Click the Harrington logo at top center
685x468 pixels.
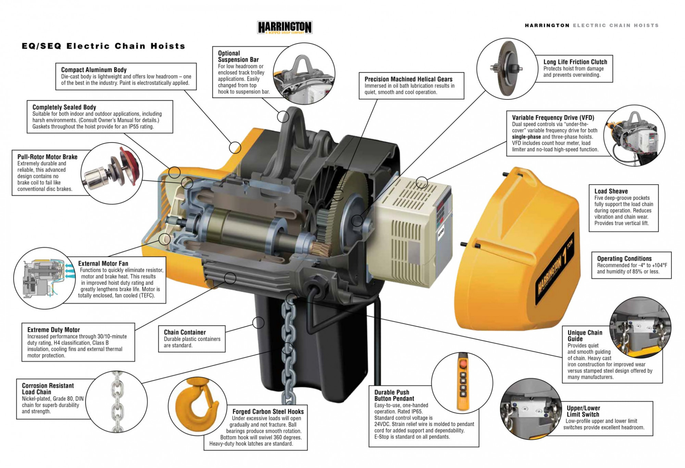285,27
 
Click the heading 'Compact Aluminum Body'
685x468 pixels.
94,70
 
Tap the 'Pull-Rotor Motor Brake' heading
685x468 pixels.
47,157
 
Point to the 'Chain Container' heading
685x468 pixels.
185,332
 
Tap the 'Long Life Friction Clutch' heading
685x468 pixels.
575,62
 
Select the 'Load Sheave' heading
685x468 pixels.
611,191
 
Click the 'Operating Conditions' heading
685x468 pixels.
624,259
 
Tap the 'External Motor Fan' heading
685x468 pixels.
103,263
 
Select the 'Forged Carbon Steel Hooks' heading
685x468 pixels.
268,412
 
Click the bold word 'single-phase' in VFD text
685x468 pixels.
526,137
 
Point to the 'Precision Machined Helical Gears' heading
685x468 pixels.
408,79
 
